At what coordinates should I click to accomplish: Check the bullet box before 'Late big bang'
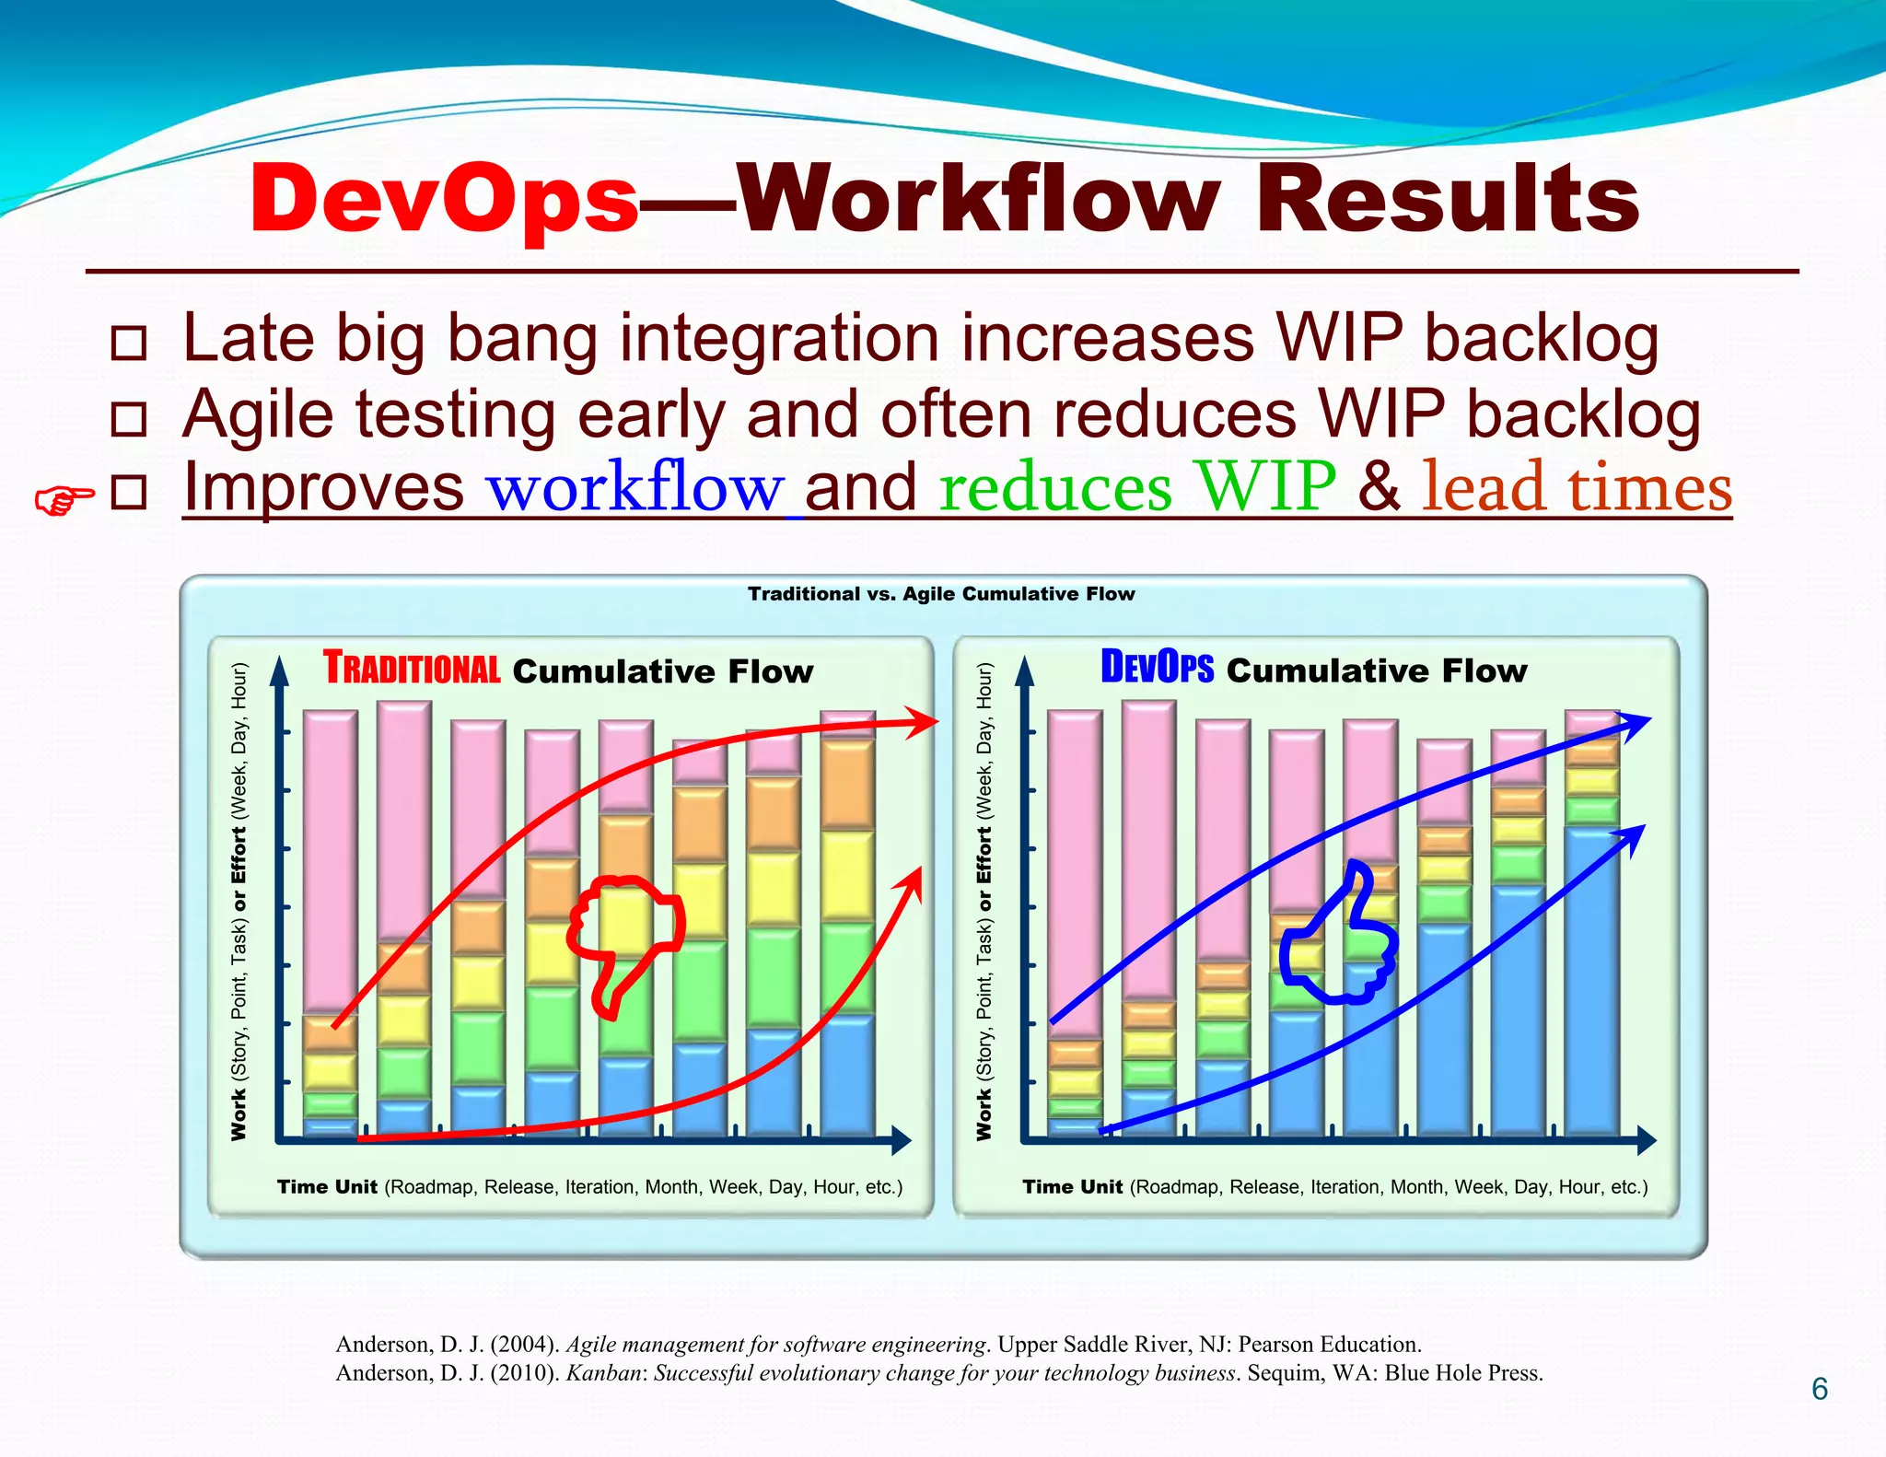tap(128, 343)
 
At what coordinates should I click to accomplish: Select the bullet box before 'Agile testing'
tap(128, 419)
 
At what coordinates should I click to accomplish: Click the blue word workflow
tap(634, 487)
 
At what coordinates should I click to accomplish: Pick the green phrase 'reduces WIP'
tap(1136, 487)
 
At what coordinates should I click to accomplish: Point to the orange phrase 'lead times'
tap(1577, 487)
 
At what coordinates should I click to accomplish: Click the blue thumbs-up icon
tap(1340, 939)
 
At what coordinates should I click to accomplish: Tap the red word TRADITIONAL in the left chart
tap(412, 669)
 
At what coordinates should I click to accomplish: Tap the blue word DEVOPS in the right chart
tap(1157, 668)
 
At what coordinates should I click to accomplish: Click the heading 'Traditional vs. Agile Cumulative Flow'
tap(941, 594)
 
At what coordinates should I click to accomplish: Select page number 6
tap(1819, 1389)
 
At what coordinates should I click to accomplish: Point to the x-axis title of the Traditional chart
tap(589, 1187)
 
